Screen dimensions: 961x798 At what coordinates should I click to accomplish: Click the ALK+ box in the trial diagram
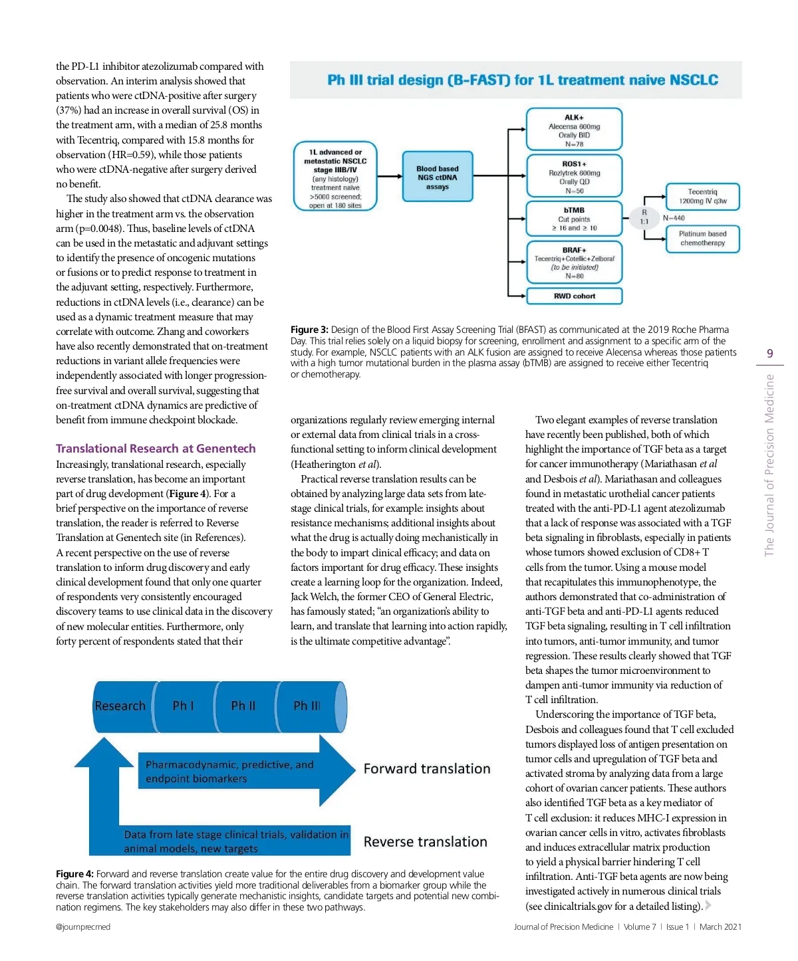coord(574,130)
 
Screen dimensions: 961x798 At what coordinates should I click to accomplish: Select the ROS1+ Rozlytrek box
coord(574,176)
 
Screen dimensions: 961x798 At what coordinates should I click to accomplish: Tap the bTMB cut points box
coord(574,219)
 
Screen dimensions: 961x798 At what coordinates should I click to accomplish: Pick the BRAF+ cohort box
coord(574,263)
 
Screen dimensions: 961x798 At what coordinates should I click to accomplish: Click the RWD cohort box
coord(574,296)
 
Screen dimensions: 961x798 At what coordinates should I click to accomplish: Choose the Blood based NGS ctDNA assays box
coord(437,177)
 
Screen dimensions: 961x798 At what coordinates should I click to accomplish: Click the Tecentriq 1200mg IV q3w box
coord(702,196)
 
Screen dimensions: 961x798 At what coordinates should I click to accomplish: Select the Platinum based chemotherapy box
coord(702,238)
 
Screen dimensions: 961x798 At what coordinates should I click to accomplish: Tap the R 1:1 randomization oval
coord(644,217)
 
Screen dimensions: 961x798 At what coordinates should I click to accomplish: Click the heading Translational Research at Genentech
coord(156,449)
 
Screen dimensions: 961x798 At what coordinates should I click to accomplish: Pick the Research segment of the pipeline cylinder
coord(120,706)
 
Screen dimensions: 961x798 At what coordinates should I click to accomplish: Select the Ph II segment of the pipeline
coord(243,706)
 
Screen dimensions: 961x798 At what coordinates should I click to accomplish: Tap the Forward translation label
coord(427,769)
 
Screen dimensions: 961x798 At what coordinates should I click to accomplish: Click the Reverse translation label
coord(425,842)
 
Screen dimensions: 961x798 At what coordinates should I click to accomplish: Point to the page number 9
coord(770,354)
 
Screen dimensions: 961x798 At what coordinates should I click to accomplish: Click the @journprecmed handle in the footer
coord(83,927)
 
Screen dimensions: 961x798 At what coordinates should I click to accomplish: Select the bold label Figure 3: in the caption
coord(309,330)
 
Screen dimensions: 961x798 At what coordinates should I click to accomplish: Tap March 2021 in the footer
coord(720,927)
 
